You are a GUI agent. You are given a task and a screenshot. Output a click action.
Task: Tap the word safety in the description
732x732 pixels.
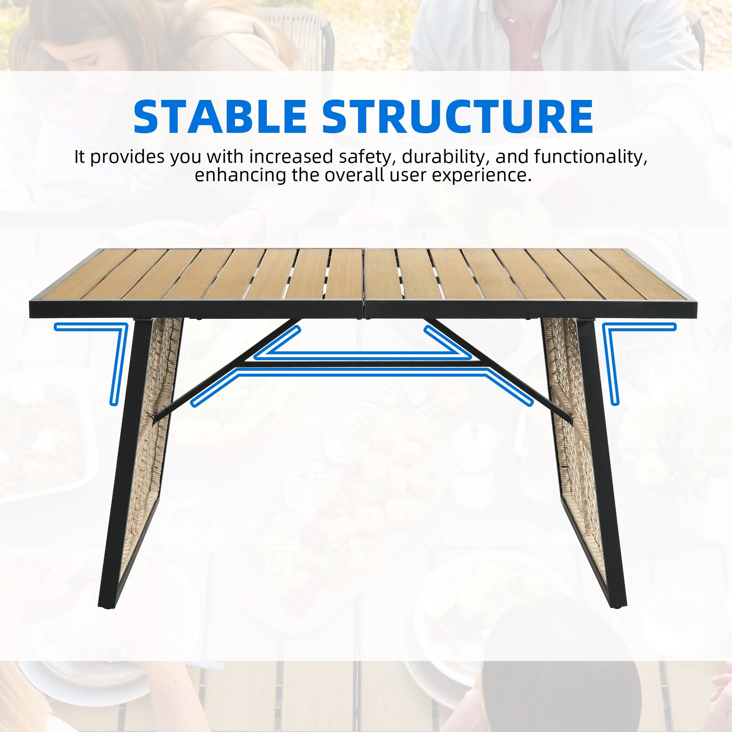[365, 157]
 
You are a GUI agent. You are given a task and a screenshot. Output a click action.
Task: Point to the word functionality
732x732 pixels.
[590, 157]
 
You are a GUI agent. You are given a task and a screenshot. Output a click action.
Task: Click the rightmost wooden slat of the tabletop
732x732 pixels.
[640, 273]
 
